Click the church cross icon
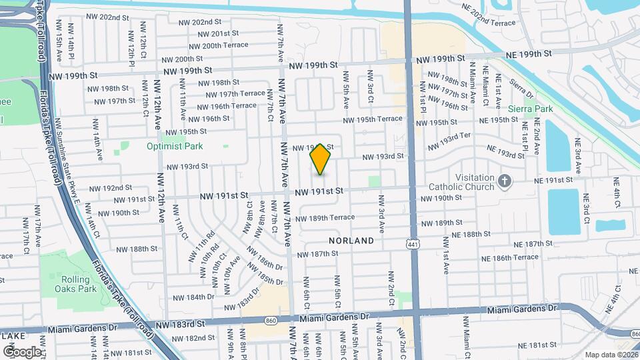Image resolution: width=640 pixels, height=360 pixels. click(505, 179)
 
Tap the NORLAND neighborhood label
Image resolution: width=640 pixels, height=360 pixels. click(347, 239)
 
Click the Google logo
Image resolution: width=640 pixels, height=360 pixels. click(21, 351)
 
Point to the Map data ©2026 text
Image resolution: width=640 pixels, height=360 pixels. click(611, 355)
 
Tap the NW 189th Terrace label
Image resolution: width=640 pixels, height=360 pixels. click(325, 218)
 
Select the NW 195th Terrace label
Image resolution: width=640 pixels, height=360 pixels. click(373, 119)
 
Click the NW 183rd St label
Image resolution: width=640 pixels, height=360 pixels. click(187, 323)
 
